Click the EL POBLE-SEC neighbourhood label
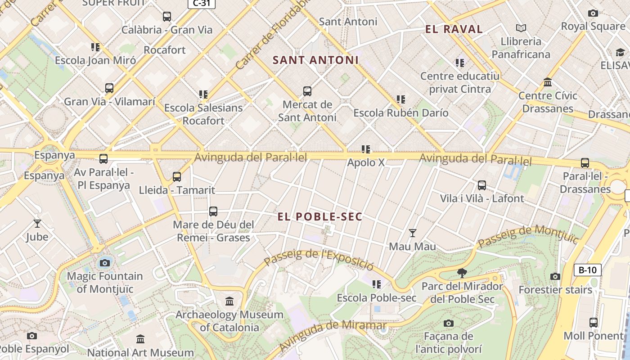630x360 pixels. point(319,217)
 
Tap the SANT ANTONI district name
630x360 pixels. point(315,60)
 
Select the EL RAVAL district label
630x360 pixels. point(454,30)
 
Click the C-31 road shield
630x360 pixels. point(201,4)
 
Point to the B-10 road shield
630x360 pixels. point(587,270)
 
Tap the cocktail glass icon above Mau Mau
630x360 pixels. point(412,233)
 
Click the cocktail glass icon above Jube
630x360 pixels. point(37,223)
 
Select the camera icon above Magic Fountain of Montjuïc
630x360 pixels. point(105,263)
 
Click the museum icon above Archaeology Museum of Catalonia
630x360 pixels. point(229,301)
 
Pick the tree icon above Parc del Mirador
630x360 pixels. point(462,273)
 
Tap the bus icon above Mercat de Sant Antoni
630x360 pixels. point(307,91)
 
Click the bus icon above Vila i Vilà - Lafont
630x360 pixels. point(482,185)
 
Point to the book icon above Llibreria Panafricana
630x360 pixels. point(521,28)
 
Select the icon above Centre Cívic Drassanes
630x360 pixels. point(548,82)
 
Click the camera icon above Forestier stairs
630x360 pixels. point(555,276)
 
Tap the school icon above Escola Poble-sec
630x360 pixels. point(377,284)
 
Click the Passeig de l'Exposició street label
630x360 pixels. point(319,258)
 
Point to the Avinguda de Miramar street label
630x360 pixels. point(333,336)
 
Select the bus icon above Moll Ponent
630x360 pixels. point(594,322)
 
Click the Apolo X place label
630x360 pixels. point(366,162)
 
